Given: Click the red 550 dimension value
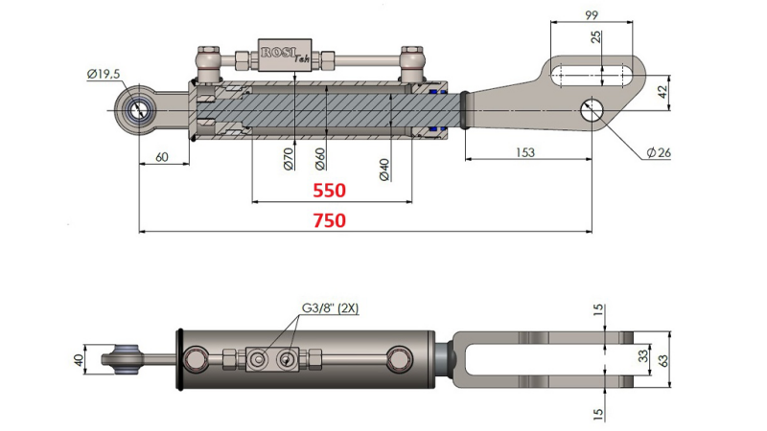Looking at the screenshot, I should click(328, 191).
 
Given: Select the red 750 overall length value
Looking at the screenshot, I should click(328, 220).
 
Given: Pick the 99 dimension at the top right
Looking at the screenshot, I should click(591, 15).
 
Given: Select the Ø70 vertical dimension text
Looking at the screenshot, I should click(289, 159).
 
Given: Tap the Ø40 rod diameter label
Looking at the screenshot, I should click(383, 168).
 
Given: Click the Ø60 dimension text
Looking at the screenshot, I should click(321, 159).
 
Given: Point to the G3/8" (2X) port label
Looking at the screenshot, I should click(331, 308).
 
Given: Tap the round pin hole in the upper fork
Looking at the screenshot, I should click(592, 108).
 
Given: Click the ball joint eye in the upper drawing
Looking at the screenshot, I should click(140, 108).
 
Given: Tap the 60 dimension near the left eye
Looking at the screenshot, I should click(162, 157).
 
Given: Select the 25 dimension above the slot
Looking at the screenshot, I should click(596, 37).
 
